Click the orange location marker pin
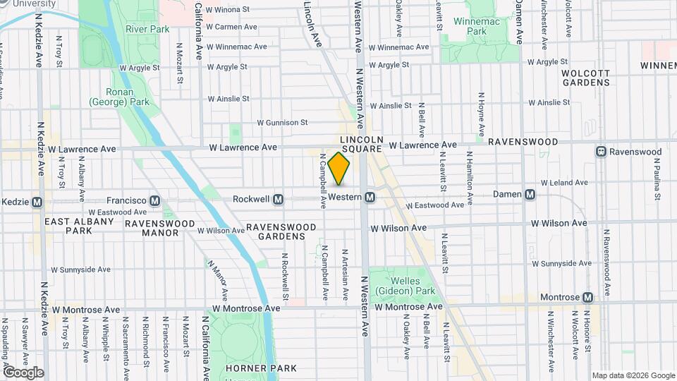click(339, 169)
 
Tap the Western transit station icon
click(369, 199)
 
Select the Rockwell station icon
click(278, 200)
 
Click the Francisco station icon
click(154, 200)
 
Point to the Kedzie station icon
click(37, 201)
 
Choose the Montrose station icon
click(587, 298)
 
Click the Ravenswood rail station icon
click(601, 152)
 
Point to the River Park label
click(147, 29)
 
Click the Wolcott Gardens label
click(585, 78)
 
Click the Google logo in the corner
click(23, 372)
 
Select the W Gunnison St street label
click(282, 122)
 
